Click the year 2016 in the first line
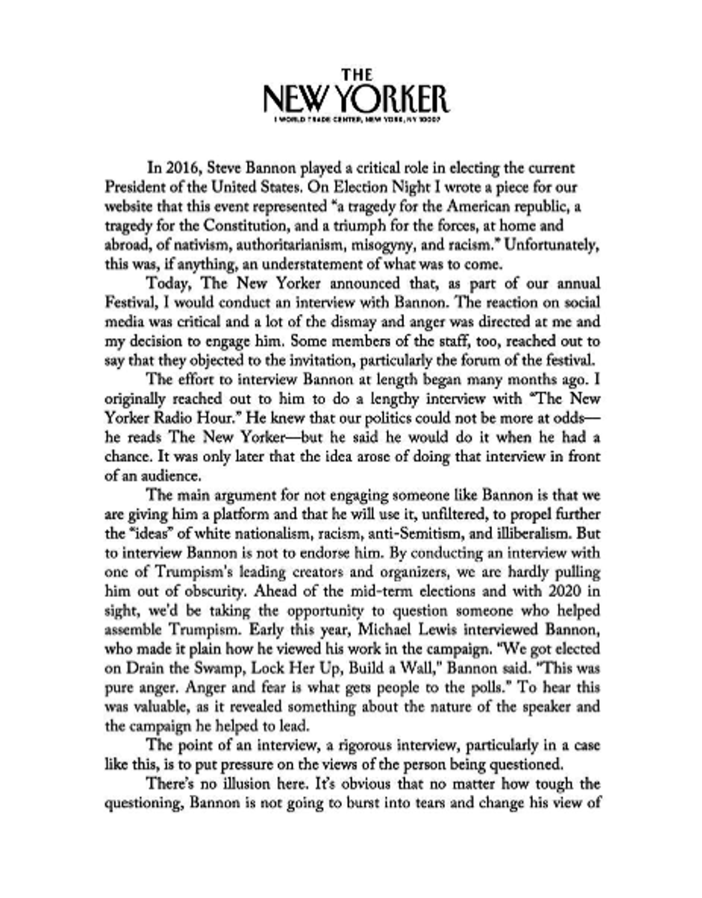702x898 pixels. pos(180,168)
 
